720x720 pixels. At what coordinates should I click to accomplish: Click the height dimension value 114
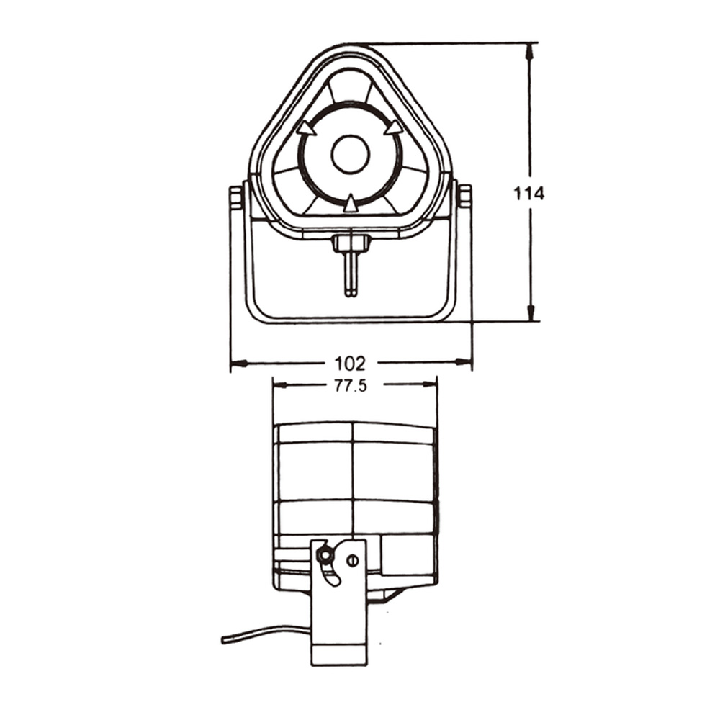tap(529, 193)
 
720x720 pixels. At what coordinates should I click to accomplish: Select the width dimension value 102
tap(350, 362)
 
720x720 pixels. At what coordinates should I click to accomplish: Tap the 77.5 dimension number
tap(350, 385)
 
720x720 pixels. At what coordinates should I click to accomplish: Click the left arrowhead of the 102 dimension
tap(238, 362)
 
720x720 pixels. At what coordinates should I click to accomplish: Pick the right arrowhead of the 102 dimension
tap(464, 362)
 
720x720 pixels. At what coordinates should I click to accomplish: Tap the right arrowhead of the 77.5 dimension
tap(430, 384)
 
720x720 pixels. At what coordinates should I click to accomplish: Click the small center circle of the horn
tap(350, 154)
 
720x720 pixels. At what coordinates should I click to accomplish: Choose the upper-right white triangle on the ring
tap(393, 129)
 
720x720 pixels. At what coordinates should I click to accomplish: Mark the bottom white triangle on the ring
tap(350, 204)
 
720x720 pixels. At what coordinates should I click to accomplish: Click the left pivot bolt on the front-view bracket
tap(235, 197)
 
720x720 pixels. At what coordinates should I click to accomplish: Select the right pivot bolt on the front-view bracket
tap(464, 197)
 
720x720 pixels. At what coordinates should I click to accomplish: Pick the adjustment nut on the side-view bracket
tap(325, 555)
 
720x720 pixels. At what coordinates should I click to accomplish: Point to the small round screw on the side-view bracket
tap(352, 559)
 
